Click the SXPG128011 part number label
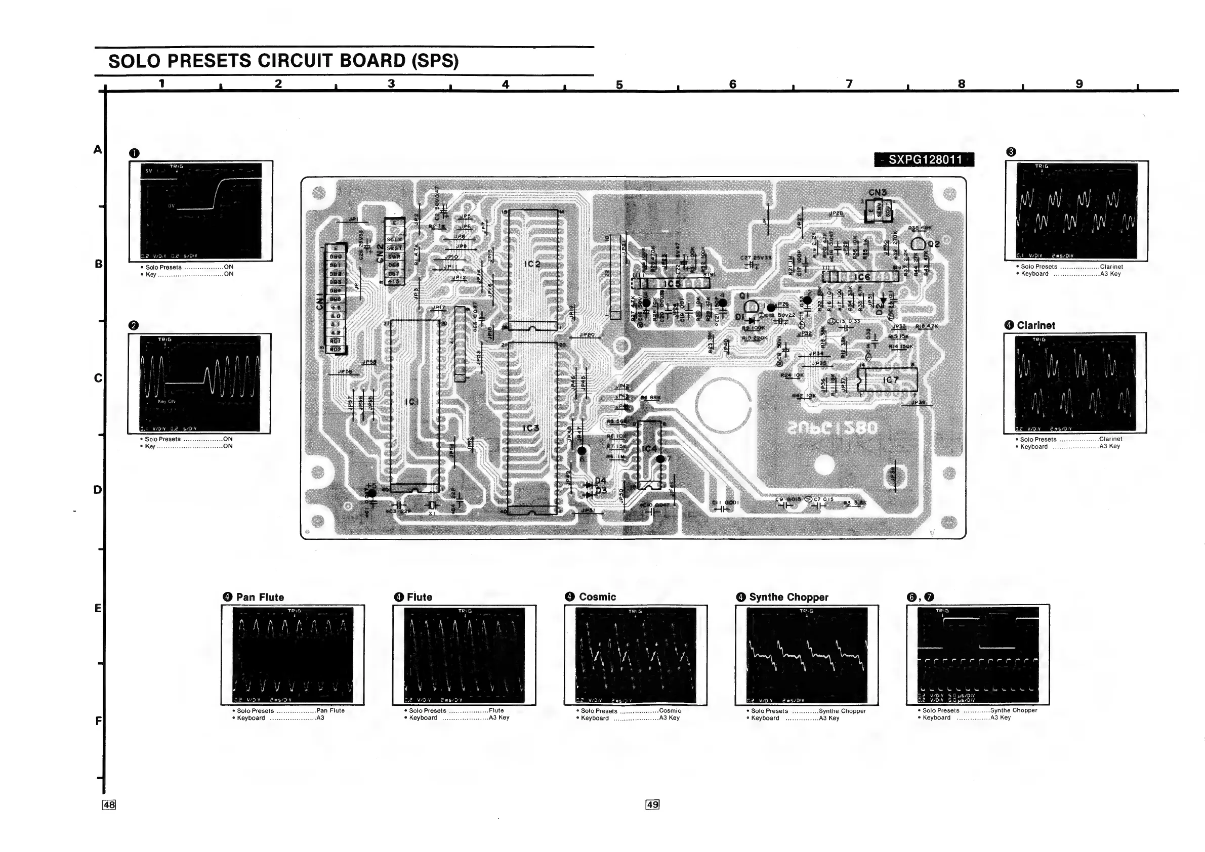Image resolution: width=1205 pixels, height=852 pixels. (x=924, y=159)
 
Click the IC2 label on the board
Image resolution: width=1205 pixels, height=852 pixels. (x=532, y=264)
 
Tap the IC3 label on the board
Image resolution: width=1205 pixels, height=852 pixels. (x=530, y=428)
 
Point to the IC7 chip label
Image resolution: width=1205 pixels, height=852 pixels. (x=891, y=380)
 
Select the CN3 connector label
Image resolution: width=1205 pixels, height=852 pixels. (x=877, y=193)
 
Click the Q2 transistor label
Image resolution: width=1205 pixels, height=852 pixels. (x=934, y=244)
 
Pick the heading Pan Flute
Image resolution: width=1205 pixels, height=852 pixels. (x=260, y=597)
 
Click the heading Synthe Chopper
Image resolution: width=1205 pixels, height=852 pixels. (x=788, y=597)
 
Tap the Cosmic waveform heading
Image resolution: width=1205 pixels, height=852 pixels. (x=597, y=597)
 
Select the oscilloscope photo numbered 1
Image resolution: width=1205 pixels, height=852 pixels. (x=201, y=210)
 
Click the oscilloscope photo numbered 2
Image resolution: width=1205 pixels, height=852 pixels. (x=199, y=384)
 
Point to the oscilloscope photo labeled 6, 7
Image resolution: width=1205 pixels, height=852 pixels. (x=978, y=655)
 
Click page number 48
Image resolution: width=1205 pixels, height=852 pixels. (x=109, y=805)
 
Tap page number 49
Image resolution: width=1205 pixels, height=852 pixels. (x=652, y=805)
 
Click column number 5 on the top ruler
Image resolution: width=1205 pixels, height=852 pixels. (x=619, y=84)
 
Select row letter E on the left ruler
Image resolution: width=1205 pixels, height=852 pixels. (x=98, y=609)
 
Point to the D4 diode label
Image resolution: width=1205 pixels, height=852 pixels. (x=600, y=481)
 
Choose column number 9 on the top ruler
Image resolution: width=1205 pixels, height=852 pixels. (x=1079, y=84)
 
